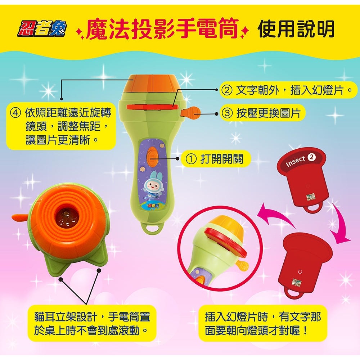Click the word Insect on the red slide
pos(295,161)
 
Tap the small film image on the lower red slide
pos(297,283)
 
